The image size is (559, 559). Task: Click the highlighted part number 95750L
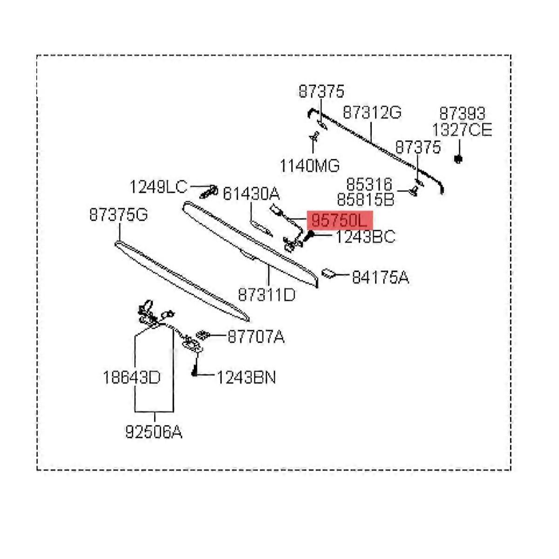click(340, 220)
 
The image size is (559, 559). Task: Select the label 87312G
click(372, 113)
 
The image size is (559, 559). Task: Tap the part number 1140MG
click(309, 165)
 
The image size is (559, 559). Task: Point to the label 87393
click(462, 114)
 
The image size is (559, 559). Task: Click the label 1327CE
click(462, 130)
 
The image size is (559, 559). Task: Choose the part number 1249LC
click(158, 187)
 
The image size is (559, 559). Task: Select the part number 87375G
click(118, 215)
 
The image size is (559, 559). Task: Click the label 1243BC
click(365, 237)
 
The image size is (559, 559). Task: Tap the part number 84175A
click(380, 278)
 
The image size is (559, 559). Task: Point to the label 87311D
click(266, 295)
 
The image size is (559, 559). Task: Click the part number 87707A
click(256, 336)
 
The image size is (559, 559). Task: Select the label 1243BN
click(246, 377)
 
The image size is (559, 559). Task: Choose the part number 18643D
click(131, 377)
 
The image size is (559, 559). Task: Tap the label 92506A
click(154, 432)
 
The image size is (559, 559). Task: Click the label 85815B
click(365, 200)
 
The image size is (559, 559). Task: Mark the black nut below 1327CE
click(458, 159)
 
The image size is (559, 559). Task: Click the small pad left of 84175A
click(329, 273)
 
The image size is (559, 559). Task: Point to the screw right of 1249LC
click(210, 191)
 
